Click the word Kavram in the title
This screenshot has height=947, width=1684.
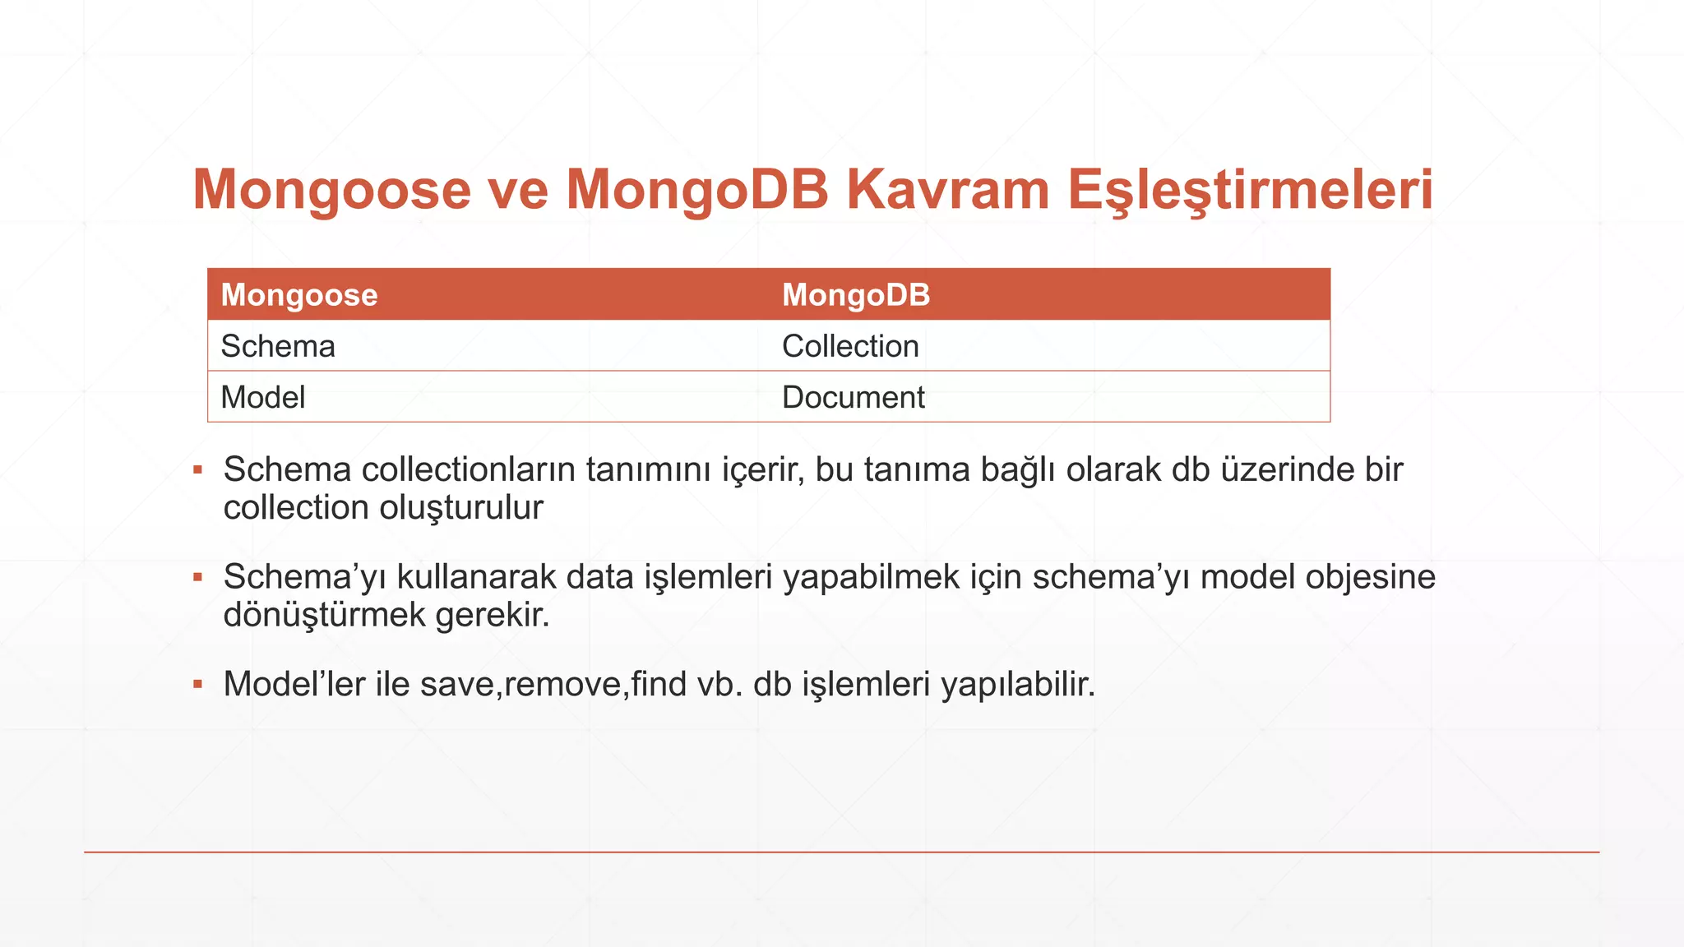pyautogui.click(x=947, y=190)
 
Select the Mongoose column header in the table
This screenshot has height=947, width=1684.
pyautogui.click(x=299, y=294)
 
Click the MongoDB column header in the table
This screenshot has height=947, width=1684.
pyautogui.click(x=856, y=294)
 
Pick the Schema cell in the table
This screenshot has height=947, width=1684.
pyautogui.click(x=278, y=346)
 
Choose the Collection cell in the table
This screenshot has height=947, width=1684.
pyautogui.click(x=850, y=346)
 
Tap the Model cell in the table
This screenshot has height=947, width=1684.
pyautogui.click(x=263, y=397)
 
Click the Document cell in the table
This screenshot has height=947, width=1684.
pyautogui.click(x=854, y=397)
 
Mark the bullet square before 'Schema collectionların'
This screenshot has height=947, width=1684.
pyautogui.click(x=197, y=470)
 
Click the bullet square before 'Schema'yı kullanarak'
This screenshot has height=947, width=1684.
pyautogui.click(x=197, y=577)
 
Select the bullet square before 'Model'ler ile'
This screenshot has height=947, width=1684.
pyautogui.click(x=197, y=684)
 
